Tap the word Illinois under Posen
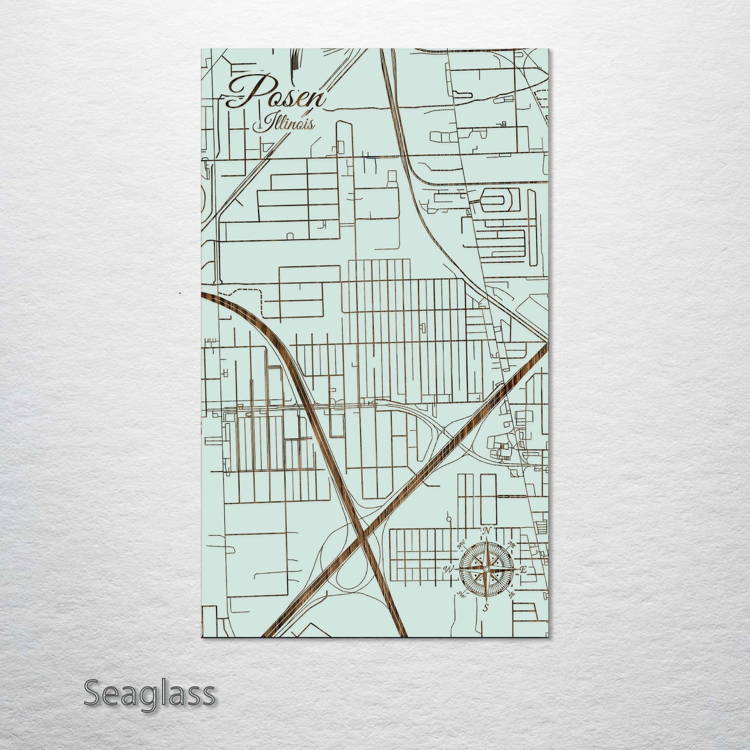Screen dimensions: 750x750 pyautogui.click(x=283, y=124)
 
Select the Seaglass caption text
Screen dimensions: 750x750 pyautogui.click(x=149, y=693)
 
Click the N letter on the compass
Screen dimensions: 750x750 pyautogui.click(x=487, y=531)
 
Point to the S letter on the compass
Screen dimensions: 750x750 pyautogui.click(x=486, y=607)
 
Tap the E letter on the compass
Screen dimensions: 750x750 pyautogui.click(x=524, y=570)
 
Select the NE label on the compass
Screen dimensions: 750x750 pyautogui.click(x=512, y=544)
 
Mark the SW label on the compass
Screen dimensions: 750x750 pyautogui.click(x=460, y=595)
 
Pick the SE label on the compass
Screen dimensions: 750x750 pyautogui.click(x=512, y=594)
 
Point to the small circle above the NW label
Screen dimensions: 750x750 pyautogui.click(x=449, y=519)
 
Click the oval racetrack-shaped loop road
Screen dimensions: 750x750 pyautogui.click(x=501, y=198)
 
